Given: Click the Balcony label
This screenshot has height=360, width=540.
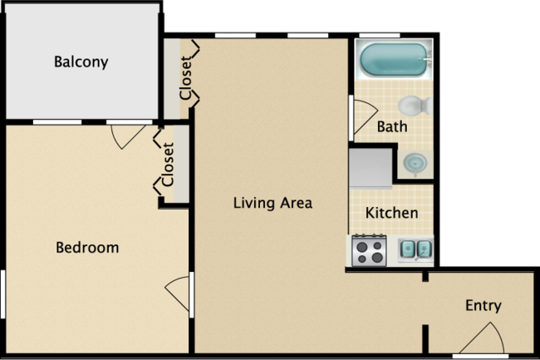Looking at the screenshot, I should [x=81, y=62].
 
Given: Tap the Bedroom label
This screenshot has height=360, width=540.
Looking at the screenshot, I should [x=87, y=247].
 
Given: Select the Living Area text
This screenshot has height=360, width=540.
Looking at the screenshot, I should [x=272, y=202].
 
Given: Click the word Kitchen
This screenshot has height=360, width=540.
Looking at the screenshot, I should [x=392, y=213].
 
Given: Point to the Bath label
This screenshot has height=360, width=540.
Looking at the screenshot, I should [x=392, y=127].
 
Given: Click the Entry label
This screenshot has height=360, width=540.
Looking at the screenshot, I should [x=483, y=305].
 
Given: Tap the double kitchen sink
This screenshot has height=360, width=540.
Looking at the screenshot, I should [x=415, y=248].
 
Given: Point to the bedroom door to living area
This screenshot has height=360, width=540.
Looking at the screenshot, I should [x=179, y=293].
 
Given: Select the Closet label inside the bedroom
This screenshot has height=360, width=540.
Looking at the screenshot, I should [x=169, y=165].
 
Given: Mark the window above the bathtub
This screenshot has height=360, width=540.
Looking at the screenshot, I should [x=395, y=36].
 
